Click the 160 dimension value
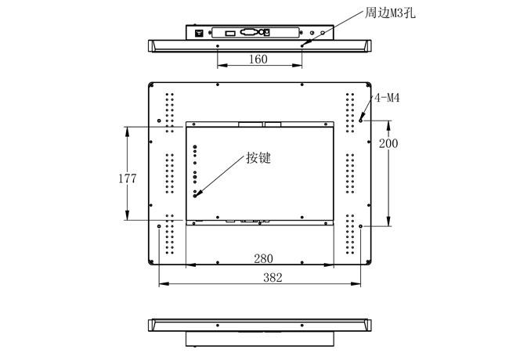pyautogui.click(x=258, y=59)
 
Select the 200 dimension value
pyautogui.click(x=388, y=143)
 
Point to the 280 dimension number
pyautogui.click(x=263, y=258)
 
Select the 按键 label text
pyautogui.click(x=258, y=157)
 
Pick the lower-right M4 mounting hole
pyautogui.click(x=361, y=227)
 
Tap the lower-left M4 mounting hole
pyautogui.click(x=160, y=227)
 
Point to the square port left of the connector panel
pyautogui.click(x=199, y=33)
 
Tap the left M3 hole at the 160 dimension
pyautogui.click(x=217, y=45)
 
